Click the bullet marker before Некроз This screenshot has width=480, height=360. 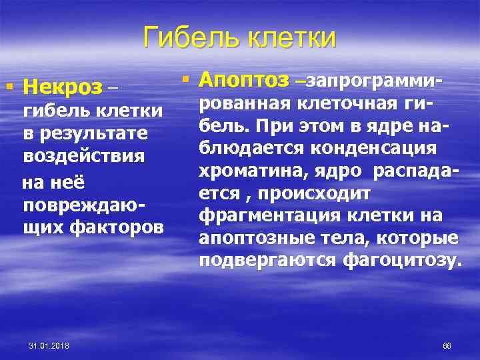pyautogui.click(x=9, y=87)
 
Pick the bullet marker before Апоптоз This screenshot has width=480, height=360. pyautogui.click(x=186, y=81)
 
